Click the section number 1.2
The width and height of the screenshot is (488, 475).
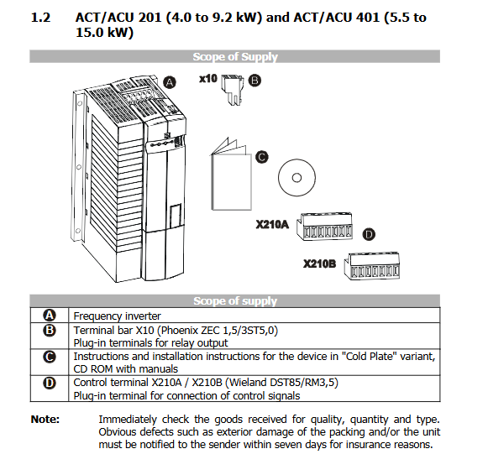coord(41,18)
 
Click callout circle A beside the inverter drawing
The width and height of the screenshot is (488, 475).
coord(170,82)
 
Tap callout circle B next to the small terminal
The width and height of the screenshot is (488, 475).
coord(254,81)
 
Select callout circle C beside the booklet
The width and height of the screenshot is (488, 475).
coord(262,157)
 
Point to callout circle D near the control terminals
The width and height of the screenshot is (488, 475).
coord(369,234)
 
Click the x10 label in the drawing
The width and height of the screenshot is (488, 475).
coord(208,79)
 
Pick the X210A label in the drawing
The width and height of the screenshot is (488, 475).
coord(272,224)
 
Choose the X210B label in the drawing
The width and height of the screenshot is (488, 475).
coord(320,264)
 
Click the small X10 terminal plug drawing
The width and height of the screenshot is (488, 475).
coord(232,90)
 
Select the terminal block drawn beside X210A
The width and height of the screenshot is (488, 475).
coord(324,226)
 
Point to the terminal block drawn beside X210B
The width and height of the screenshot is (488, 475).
coord(372,266)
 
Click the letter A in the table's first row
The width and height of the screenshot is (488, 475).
coord(50,316)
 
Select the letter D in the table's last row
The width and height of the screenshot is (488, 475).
coord(50,383)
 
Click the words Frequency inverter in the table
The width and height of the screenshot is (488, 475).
coord(117,316)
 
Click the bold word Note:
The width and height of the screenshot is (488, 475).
coord(45,420)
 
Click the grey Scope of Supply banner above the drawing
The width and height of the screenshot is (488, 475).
coord(235,56)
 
